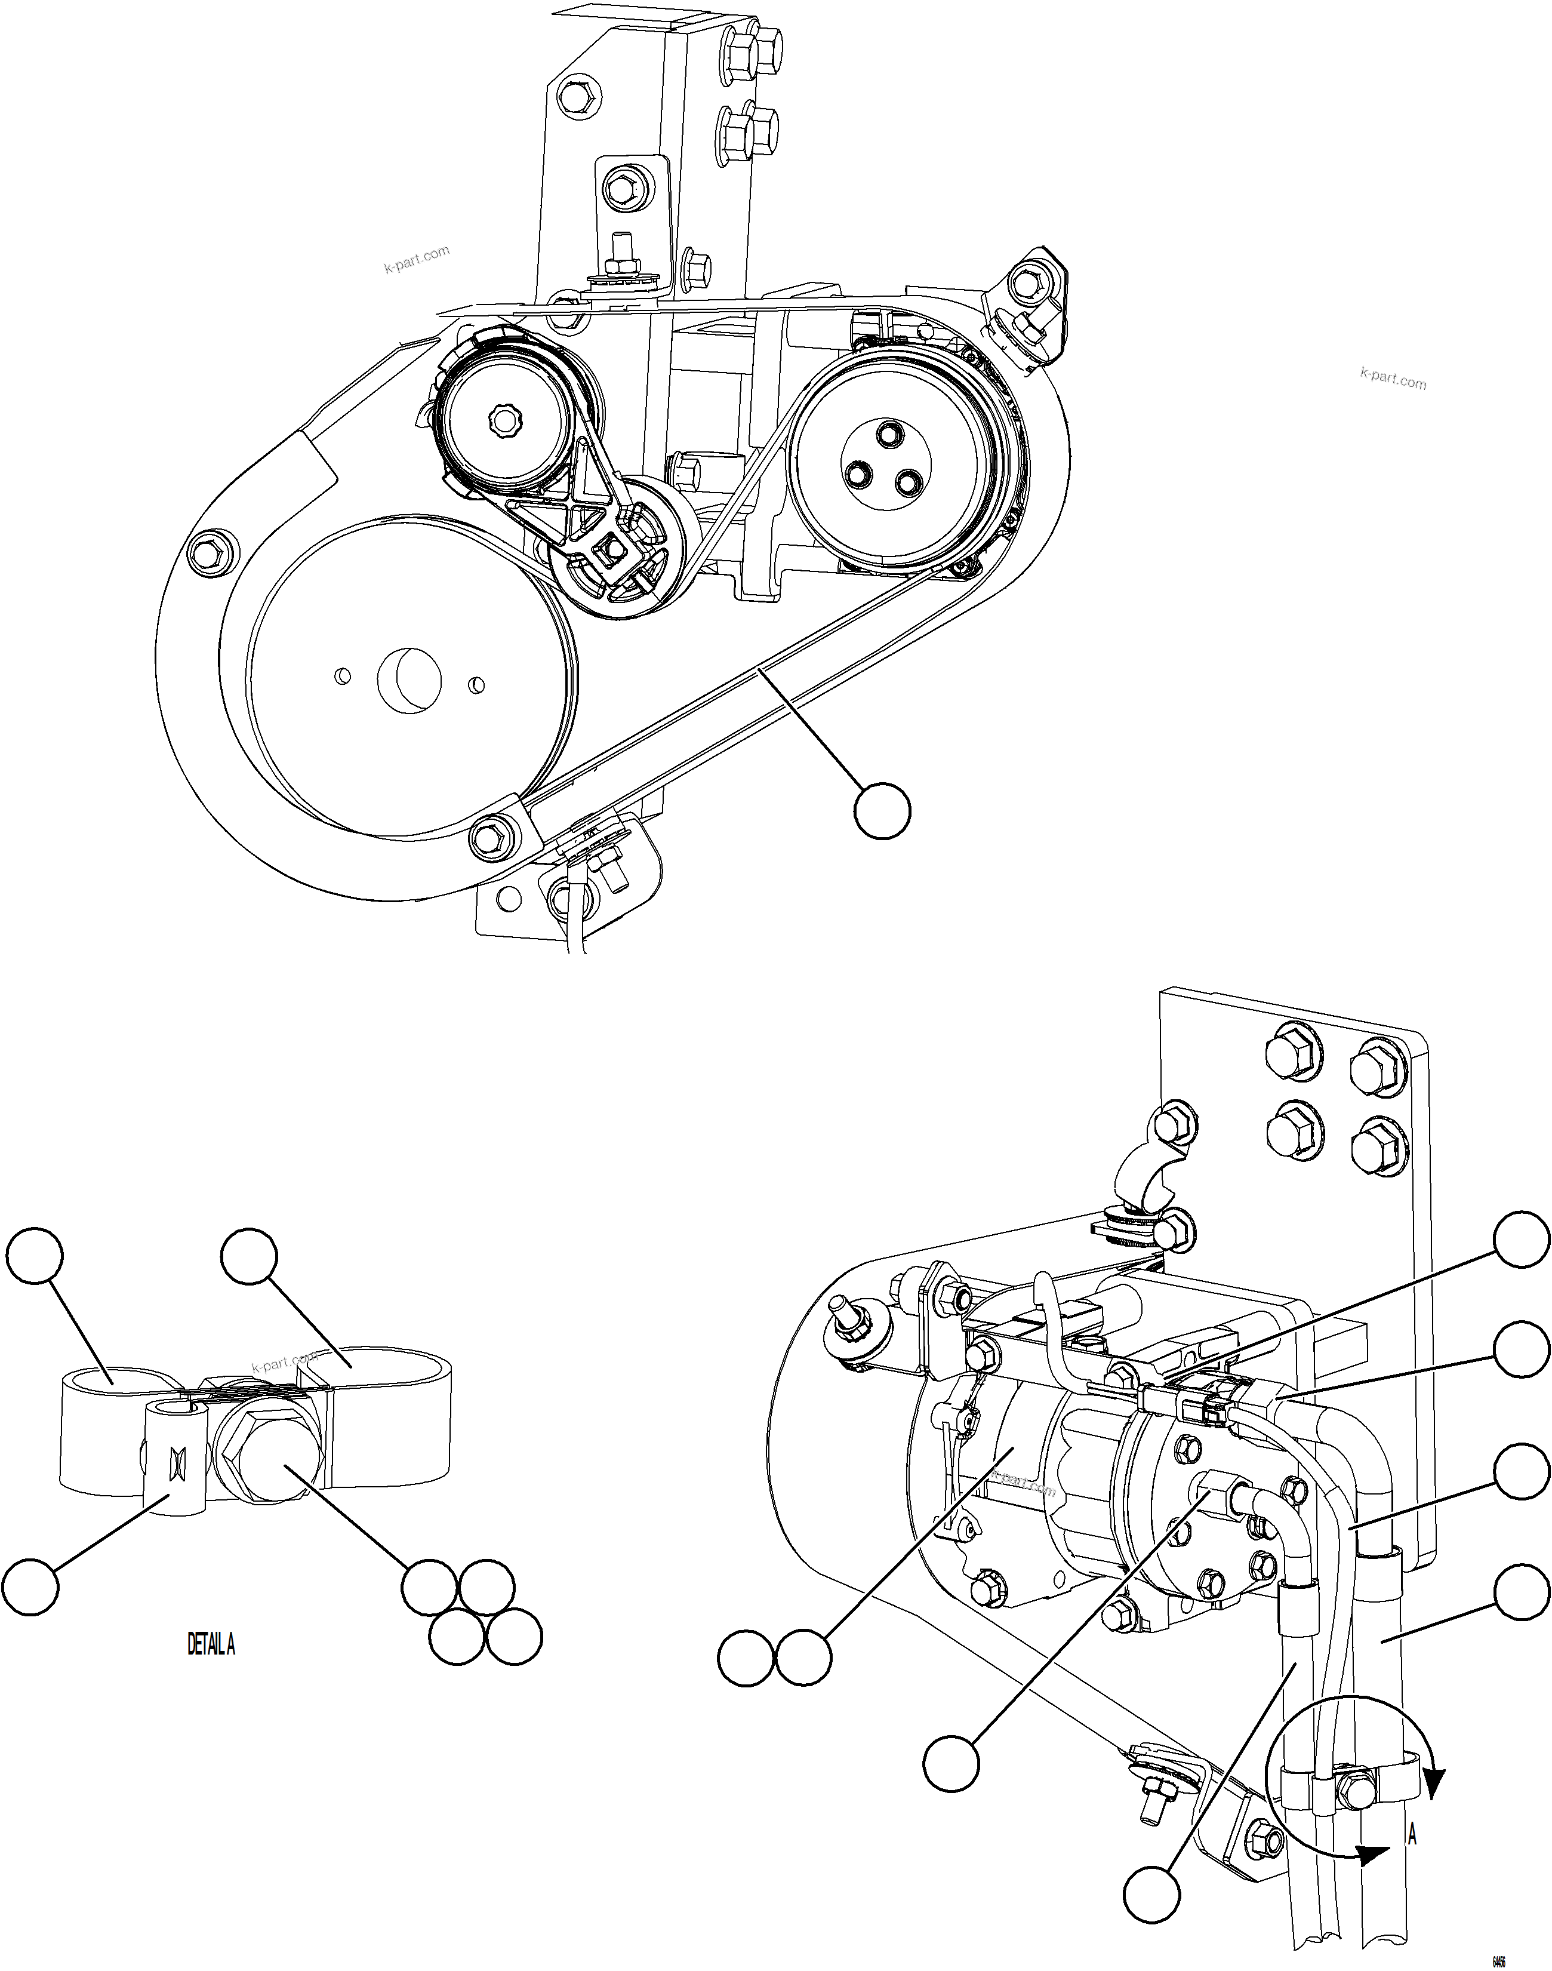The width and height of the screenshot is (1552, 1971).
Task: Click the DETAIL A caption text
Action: (211, 1645)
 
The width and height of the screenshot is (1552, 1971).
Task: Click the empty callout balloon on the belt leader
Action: (882, 811)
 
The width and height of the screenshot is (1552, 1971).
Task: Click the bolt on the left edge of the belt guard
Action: (208, 551)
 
